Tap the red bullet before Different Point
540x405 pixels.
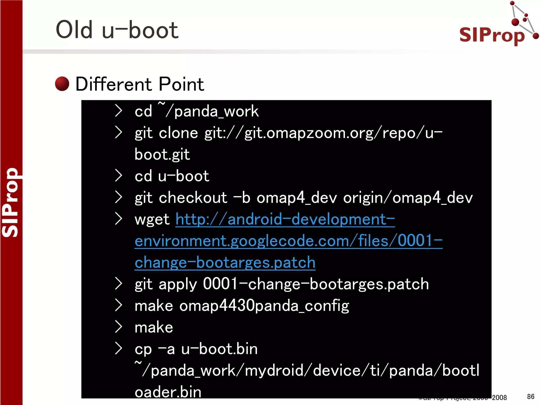62,84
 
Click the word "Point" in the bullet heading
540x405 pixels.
181,84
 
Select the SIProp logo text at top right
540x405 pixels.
492,35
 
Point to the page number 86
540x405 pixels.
531,397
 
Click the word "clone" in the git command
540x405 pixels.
178,133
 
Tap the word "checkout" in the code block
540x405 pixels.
193,197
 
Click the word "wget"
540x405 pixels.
152,219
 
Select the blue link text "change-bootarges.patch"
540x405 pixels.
225,263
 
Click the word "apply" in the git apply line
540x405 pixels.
178,284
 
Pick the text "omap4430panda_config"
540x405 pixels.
264,306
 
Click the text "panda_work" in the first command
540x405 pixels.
216,111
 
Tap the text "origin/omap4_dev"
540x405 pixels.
408,197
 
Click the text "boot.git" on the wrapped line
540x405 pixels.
162,154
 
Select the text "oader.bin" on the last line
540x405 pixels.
168,392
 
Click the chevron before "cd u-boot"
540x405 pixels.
118,176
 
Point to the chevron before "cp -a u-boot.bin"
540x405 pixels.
118,349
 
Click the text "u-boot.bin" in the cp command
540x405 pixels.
219,349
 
